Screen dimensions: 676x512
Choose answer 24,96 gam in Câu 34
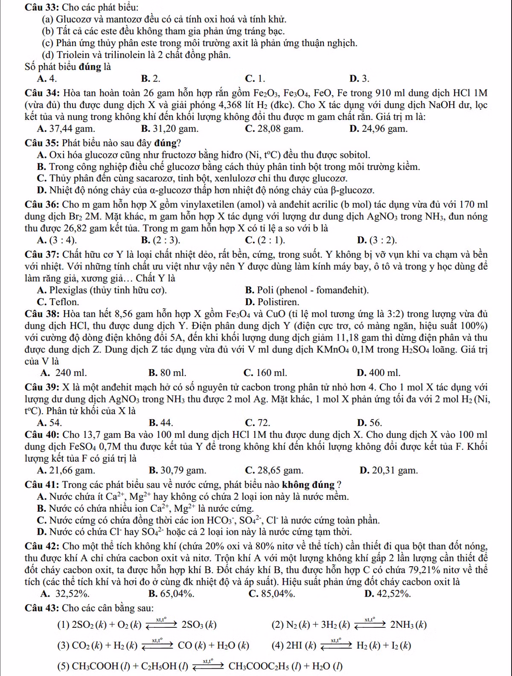coord(382,128)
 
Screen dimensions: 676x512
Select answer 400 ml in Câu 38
coord(384,373)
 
